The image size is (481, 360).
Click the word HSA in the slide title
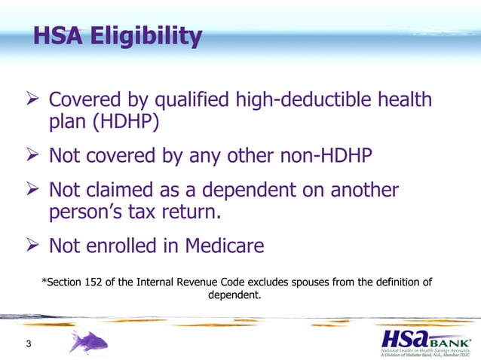[x=60, y=35]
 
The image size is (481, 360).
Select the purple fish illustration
[x=89, y=342]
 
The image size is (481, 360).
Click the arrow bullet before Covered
[x=32, y=99]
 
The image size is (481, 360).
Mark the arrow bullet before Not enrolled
[x=32, y=246]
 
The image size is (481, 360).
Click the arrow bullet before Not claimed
[x=32, y=190]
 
